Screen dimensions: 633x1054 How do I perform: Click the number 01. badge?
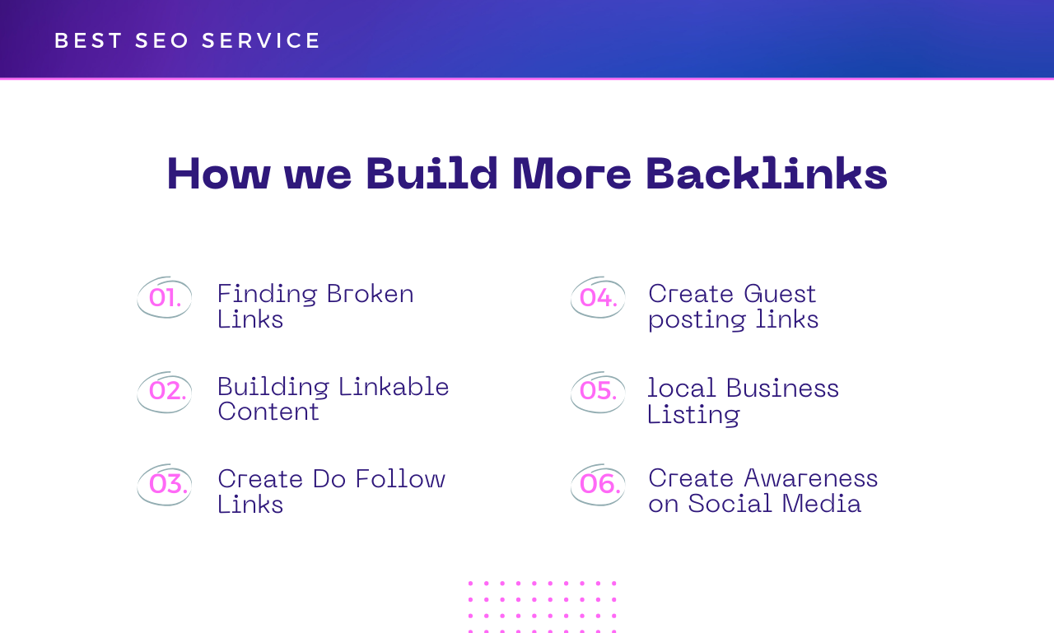(165, 298)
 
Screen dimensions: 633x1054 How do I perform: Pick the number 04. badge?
(598, 298)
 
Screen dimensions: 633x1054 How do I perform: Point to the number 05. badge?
(598, 391)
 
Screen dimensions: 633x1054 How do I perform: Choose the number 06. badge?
(599, 484)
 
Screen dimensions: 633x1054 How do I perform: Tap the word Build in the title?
(431, 174)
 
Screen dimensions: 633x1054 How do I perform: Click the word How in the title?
(218, 174)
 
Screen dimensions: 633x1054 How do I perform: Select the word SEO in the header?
(162, 41)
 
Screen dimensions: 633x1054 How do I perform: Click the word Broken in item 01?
(370, 294)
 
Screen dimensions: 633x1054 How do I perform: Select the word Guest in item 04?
(779, 294)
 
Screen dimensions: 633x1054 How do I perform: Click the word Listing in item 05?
(693, 414)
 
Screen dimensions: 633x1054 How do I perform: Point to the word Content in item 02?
(268, 412)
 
